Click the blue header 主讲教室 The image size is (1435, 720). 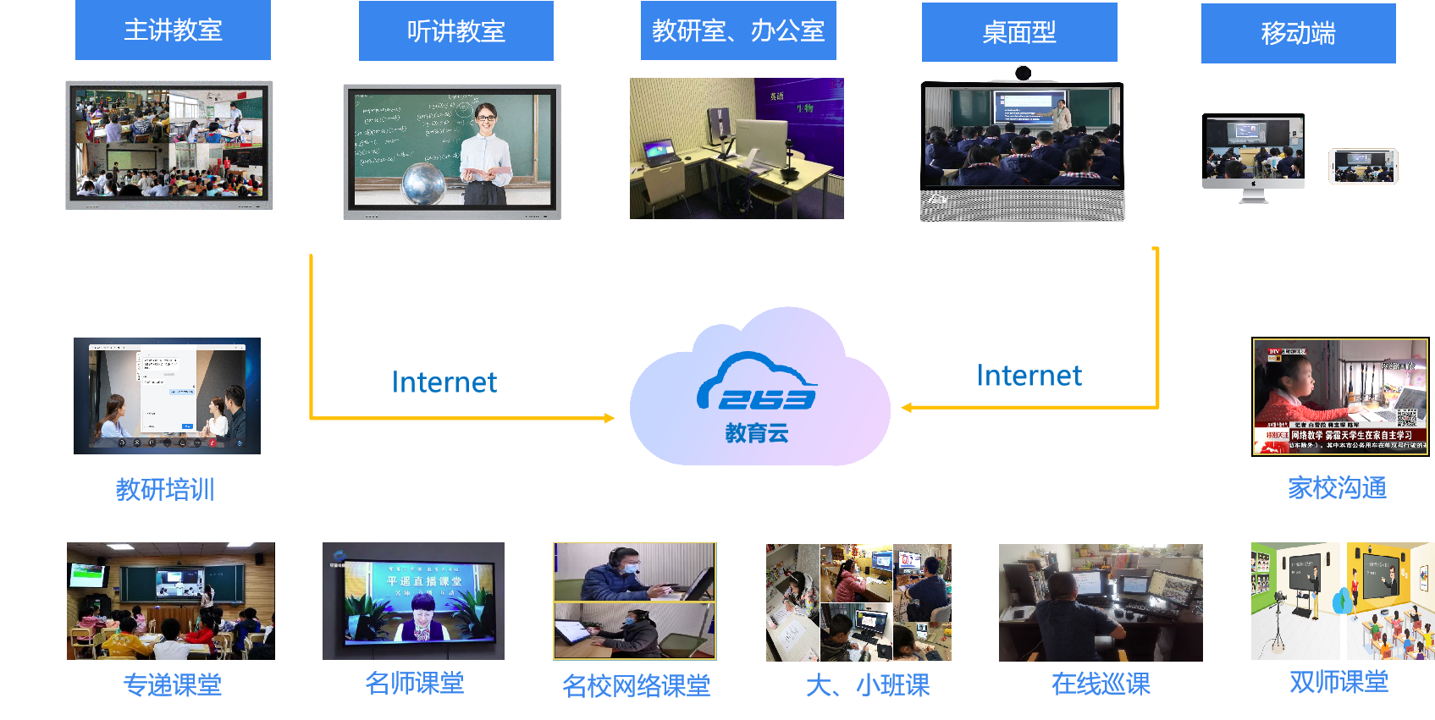[x=173, y=30]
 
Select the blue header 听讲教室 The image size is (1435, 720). [x=455, y=31]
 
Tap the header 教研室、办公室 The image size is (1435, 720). [x=738, y=31]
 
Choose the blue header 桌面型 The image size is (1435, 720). [x=1019, y=32]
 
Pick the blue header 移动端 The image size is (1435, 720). [x=1298, y=34]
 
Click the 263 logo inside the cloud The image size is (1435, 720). [x=758, y=385]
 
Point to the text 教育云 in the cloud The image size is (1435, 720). [x=757, y=434]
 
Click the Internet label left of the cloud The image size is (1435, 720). [x=444, y=382]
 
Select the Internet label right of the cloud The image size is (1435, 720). [x=1029, y=376]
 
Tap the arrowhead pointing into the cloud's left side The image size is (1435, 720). [x=610, y=418]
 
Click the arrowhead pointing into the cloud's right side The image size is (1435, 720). [x=907, y=408]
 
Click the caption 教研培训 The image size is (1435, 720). [x=165, y=489]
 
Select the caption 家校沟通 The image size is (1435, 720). [x=1337, y=487]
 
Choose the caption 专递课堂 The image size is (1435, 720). [x=173, y=684]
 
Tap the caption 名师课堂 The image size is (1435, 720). [x=414, y=683]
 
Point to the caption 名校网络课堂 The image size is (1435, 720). [x=636, y=685]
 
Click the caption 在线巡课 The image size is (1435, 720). [x=1101, y=684]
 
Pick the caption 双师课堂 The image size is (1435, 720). [x=1338, y=682]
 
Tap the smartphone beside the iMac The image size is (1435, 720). [x=1363, y=166]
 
